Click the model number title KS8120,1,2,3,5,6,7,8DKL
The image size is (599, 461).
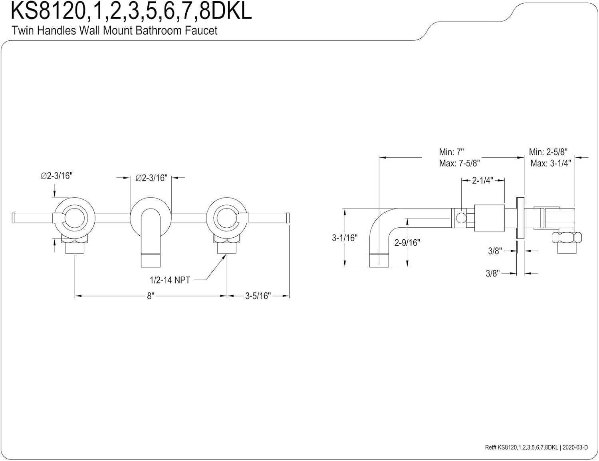pos(131,11)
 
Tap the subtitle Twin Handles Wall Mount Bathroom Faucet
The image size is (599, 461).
pos(114,30)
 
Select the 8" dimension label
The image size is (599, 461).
pos(150,296)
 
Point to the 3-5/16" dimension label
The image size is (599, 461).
pos(258,296)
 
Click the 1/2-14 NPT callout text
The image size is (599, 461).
pos(170,280)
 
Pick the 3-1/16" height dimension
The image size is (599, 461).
pos(344,238)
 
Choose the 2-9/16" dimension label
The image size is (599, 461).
pos(407,242)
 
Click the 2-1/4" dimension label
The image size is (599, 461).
pos(482,181)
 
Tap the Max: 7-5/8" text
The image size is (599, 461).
pos(459,163)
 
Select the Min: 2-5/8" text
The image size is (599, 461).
pos(548,152)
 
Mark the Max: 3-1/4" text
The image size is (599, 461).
pos(550,163)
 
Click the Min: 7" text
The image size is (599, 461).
pos(451,152)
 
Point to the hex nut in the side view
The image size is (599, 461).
pos(566,238)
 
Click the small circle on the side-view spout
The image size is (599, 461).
pos(460,218)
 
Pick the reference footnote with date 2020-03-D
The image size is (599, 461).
pos(536,447)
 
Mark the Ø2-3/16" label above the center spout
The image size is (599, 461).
pos(151,178)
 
